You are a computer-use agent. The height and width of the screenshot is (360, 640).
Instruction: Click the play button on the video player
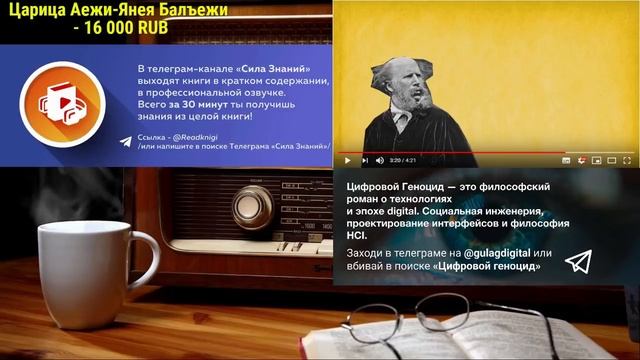pos(347,160)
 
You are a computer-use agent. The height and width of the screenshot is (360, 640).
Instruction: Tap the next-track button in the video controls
pos(364,160)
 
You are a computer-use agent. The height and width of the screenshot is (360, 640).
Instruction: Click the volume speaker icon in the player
pos(380,160)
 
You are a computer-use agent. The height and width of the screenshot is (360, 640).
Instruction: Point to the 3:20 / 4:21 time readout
pos(403,160)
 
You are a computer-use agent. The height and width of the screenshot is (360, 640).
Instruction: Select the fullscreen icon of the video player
pos(626,160)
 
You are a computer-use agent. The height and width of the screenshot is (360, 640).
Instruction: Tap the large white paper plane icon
pos(578,262)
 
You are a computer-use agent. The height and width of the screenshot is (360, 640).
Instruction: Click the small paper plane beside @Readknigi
pos(124,142)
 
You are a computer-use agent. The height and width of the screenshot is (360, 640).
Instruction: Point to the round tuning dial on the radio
pos(252,206)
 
